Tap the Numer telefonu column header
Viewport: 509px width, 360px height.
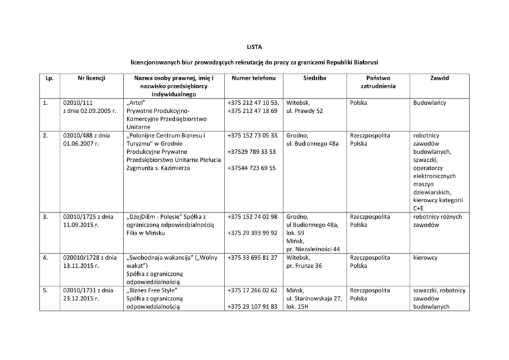pyautogui.click(x=250, y=78)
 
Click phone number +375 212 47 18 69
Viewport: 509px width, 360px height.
pyautogui.click(x=251, y=112)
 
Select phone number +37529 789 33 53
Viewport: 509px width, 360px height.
pyautogui.click(x=251, y=153)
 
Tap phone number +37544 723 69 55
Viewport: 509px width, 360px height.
pyautogui.click(x=251, y=168)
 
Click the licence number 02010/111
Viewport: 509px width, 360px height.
pyautogui.click(x=78, y=104)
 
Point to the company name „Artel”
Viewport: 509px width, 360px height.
pyautogui.click(x=136, y=104)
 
